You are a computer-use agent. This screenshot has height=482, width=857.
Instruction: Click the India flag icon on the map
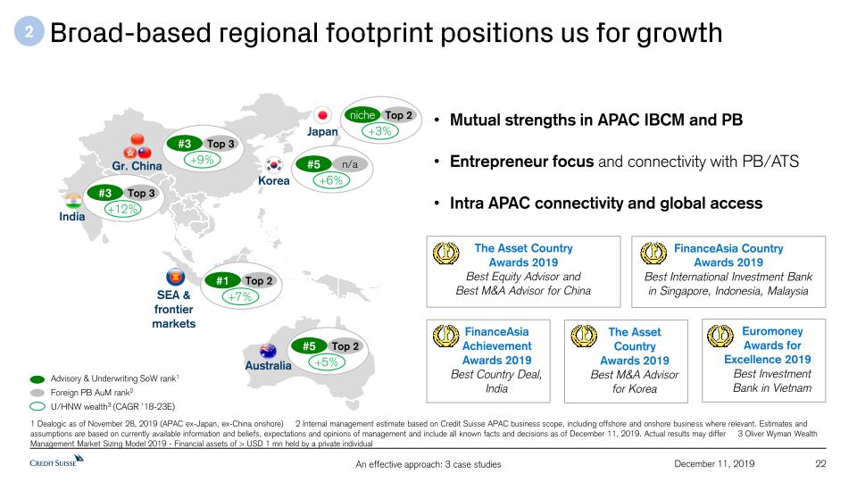click(73, 201)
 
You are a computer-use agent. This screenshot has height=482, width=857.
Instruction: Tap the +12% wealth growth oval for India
click(123, 209)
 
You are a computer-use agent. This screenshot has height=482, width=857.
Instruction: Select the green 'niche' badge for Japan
click(362, 115)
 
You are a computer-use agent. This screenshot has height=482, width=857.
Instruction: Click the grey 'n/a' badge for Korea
click(349, 164)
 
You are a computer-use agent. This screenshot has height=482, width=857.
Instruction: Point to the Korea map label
click(274, 180)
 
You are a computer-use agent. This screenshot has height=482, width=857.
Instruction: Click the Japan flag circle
click(322, 115)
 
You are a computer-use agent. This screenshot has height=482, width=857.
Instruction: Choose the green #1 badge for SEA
click(222, 280)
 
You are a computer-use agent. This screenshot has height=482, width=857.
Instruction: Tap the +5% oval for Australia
click(327, 361)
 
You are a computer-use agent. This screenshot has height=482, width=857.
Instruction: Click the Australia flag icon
click(268, 350)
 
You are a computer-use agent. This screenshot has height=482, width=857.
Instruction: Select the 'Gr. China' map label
click(137, 166)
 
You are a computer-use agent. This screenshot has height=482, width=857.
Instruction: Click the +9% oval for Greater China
click(203, 160)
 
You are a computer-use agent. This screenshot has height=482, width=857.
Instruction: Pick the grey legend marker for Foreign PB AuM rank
click(37, 393)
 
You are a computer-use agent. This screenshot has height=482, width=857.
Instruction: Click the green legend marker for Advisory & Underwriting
click(37, 378)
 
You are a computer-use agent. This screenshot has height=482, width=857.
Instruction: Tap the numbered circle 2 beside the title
click(29, 32)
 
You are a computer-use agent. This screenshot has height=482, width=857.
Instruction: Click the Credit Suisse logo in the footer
click(56, 461)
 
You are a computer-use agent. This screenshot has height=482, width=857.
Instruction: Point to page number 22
click(820, 463)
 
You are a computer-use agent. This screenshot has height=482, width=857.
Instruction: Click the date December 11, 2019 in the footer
click(714, 463)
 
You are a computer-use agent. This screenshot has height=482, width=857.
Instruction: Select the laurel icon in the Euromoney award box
click(720, 337)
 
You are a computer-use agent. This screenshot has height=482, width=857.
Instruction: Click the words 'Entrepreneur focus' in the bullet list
click(521, 162)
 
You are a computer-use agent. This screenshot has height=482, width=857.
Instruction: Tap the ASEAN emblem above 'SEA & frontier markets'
click(175, 277)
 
